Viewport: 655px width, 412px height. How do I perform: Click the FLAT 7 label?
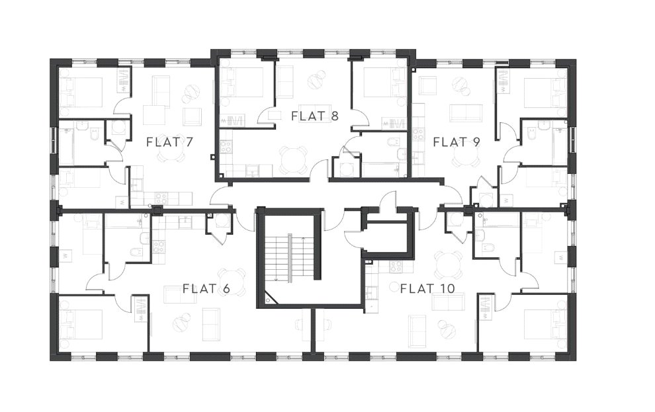coord(169,141)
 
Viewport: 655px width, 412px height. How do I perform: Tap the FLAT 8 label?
coord(315,116)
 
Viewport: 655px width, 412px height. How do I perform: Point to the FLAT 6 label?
coord(206,288)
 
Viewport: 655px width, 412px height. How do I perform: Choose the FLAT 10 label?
coord(427,288)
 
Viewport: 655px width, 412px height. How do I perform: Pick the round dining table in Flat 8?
coord(289,157)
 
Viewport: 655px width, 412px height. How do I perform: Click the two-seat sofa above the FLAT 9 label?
coord(466,112)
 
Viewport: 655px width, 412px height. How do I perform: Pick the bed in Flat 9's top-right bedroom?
coord(543,92)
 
